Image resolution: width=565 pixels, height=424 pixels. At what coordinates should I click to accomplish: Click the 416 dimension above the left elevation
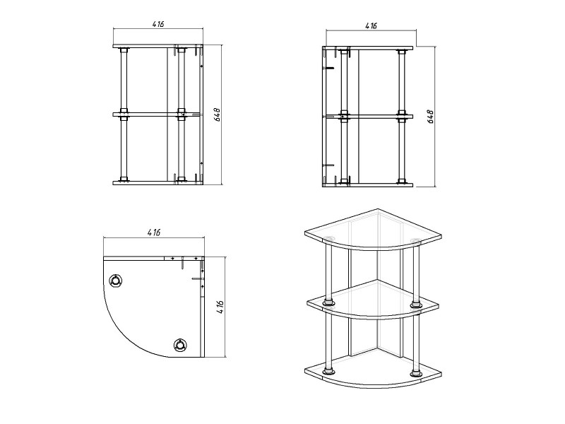coord(157,24)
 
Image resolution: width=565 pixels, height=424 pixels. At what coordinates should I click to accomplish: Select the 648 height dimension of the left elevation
coord(218,114)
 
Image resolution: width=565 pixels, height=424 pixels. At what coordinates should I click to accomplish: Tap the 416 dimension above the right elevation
coord(371,26)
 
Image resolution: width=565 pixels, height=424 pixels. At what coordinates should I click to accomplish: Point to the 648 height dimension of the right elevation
coord(431,117)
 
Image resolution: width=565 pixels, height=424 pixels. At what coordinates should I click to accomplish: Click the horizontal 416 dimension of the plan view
coord(154,232)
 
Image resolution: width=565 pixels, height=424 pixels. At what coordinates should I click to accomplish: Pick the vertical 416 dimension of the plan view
coord(220,307)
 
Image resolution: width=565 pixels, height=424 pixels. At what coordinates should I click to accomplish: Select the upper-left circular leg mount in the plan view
coord(116,281)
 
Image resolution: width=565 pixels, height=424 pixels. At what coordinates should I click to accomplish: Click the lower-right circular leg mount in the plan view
coord(180,345)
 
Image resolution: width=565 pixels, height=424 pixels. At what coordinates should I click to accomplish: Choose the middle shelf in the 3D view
coord(373,300)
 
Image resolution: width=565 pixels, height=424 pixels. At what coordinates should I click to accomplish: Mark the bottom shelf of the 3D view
coord(373,372)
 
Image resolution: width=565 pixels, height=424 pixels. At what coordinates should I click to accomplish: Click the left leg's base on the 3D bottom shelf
coord(328,371)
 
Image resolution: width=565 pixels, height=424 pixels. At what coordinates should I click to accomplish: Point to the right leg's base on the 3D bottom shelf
coord(415,373)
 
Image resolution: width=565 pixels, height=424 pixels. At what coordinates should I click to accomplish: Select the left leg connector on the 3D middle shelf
coord(328,302)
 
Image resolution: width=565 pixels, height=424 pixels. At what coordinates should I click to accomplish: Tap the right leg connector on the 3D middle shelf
coord(415,305)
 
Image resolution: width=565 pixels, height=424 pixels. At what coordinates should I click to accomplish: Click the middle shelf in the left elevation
coord(156,114)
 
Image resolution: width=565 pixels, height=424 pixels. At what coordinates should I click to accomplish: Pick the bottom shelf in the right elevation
coord(367,185)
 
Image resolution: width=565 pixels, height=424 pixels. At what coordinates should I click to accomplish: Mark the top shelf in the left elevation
coord(157,47)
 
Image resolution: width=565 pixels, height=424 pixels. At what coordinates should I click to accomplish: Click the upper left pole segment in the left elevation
coord(124,80)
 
